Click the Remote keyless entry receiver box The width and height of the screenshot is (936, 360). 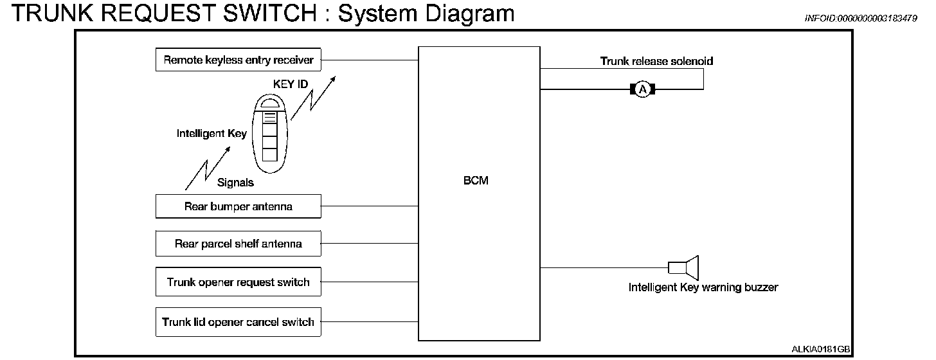[x=238, y=60]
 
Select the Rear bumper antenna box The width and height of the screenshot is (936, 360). [x=238, y=206]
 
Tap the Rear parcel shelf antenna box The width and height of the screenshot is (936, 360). [x=238, y=244]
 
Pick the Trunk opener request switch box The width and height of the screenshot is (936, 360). [x=238, y=282]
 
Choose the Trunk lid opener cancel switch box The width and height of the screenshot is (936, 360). [x=238, y=322]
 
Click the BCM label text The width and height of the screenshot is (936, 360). [x=476, y=181]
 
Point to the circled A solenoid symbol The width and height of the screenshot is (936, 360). [x=642, y=89]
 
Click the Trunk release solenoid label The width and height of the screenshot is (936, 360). [x=656, y=61]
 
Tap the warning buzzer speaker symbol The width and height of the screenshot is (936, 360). [x=683, y=267]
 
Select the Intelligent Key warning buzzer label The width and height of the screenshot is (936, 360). [x=703, y=288]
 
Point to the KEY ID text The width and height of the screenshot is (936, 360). [x=291, y=84]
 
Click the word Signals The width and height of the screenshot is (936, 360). [x=235, y=183]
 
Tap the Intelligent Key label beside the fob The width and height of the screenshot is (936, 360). [x=212, y=134]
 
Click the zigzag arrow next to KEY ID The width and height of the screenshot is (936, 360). [x=312, y=99]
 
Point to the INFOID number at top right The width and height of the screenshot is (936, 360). [x=861, y=19]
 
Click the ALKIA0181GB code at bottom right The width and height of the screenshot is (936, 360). [x=820, y=349]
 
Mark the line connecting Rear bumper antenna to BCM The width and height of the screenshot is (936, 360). [x=370, y=206]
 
